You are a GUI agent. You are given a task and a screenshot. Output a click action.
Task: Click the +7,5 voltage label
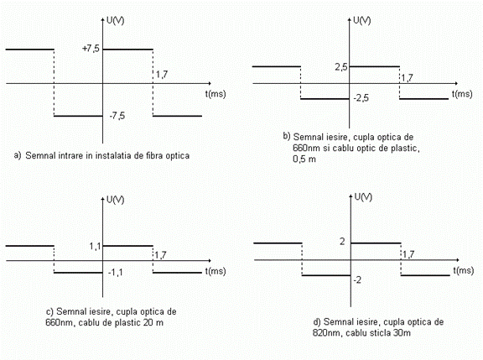(91, 49)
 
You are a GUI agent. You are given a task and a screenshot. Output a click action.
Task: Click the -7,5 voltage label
(117, 116)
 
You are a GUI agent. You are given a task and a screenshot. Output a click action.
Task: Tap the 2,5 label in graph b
(341, 67)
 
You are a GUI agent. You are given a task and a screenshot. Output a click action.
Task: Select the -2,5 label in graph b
(361, 98)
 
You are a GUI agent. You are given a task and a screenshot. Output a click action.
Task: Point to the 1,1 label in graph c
(96, 246)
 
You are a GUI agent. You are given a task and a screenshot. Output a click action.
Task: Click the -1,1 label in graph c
(116, 273)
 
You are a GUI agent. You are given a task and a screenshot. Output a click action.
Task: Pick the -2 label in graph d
(357, 280)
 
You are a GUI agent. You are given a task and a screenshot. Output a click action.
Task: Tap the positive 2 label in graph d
(342, 242)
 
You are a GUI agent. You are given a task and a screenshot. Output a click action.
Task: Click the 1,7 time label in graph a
(162, 75)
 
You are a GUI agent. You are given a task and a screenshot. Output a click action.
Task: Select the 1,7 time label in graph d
(408, 254)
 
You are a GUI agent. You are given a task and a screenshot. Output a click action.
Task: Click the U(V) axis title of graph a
(115, 21)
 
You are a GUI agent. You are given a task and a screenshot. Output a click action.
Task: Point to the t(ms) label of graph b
(462, 94)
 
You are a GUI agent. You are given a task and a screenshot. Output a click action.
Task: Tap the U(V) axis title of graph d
(363, 197)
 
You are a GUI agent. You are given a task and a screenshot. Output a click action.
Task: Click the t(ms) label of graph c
(216, 271)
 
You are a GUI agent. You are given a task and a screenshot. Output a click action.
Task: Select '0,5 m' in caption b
(304, 159)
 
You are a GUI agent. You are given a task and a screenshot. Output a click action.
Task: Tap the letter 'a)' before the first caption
(18, 155)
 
